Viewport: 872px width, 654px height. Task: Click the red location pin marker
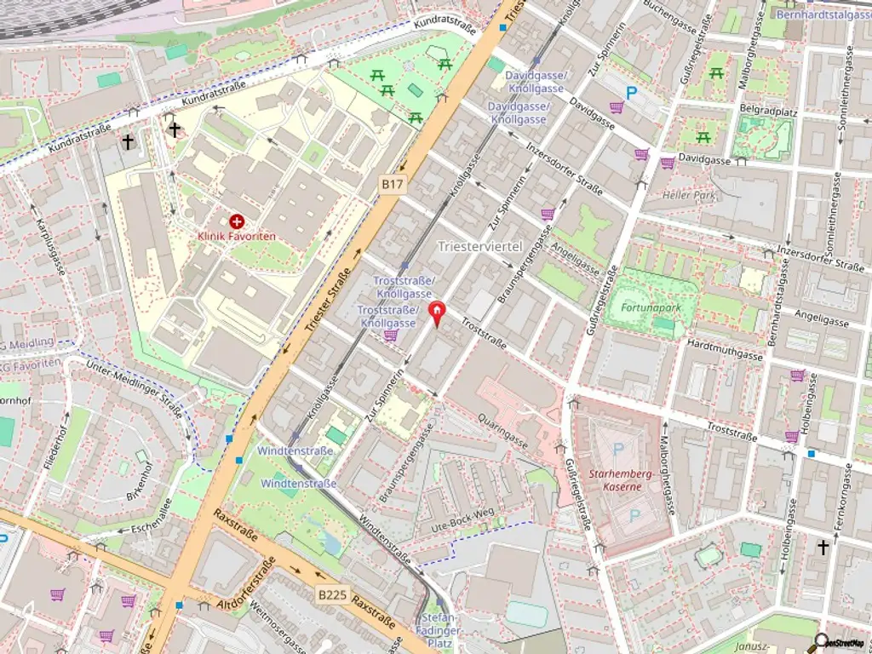point(436,313)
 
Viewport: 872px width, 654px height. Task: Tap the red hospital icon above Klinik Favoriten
point(236,221)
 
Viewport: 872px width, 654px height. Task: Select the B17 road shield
point(391,183)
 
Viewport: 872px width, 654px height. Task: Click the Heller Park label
point(691,195)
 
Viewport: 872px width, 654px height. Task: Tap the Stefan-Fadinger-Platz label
point(439,629)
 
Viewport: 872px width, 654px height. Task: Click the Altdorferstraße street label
point(245,588)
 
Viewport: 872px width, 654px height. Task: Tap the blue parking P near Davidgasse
point(631,93)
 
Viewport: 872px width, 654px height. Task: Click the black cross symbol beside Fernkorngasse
point(823,548)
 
